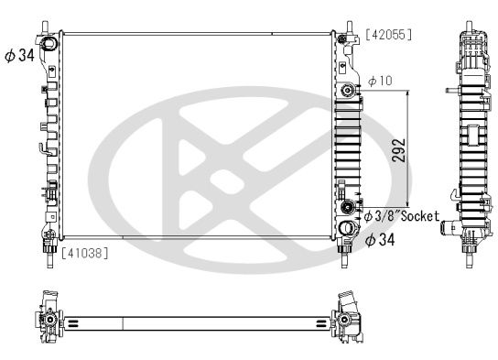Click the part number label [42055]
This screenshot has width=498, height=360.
[x=389, y=35]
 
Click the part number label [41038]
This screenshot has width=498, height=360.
[x=84, y=253]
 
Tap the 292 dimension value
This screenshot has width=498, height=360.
[x=398, y=150]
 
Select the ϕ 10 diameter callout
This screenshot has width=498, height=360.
[x=380, y=81]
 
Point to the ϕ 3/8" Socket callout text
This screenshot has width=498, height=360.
[x=402, y=216]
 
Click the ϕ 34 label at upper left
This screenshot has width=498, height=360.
[x=20, y=55]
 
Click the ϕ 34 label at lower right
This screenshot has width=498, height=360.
[x=380, y=239]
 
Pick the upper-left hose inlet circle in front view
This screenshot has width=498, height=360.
[x=49, y=44]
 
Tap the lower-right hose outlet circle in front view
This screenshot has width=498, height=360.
[x=347, y=228]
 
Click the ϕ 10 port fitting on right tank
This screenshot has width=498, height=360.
[x=348, y=91]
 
